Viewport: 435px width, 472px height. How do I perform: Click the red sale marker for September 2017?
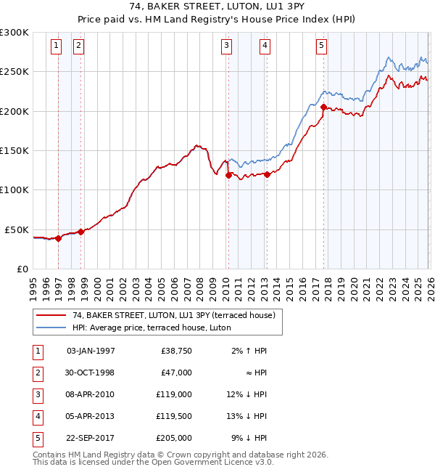click(323, 107)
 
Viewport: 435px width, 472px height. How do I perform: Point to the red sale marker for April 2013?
click(267, 174)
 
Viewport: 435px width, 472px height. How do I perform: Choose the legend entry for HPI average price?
click(151, 327)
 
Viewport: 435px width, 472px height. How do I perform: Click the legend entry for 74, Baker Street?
click(173, 315)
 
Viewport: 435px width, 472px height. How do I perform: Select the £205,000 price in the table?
click(174, 438)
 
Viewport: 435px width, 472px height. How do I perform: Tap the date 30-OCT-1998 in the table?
click(91, 373)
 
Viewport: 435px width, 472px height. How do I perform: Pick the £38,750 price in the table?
click(176, 351)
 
